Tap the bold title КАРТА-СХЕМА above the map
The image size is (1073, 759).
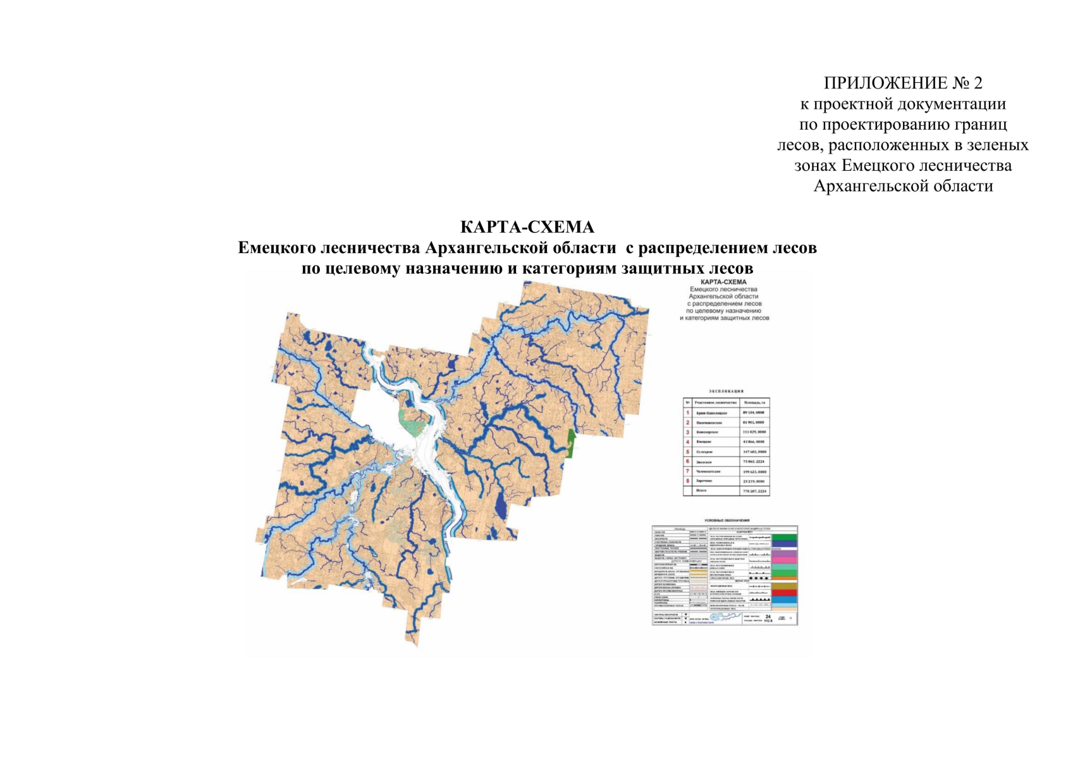point(527,227)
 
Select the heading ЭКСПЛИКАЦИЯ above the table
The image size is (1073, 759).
point(726,392)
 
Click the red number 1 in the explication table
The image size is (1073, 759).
point(688,412)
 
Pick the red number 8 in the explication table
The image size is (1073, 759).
point(688,481)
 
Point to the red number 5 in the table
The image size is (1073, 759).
point(688,452)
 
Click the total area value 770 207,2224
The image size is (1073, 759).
point(754,491)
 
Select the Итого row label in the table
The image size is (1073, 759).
point(701,491)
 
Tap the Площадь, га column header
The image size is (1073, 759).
point(754,402)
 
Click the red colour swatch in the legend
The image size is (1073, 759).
point(785,593)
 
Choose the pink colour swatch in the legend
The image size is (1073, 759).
point(785,560)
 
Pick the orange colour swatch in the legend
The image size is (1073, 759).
point(785,578)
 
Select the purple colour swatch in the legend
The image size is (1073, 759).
point(785,553)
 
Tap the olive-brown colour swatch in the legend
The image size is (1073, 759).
point(785,586)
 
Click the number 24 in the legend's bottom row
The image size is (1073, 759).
point(768,616)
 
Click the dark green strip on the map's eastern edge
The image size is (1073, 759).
point(571,442)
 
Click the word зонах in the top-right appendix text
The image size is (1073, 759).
point(816,166)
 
